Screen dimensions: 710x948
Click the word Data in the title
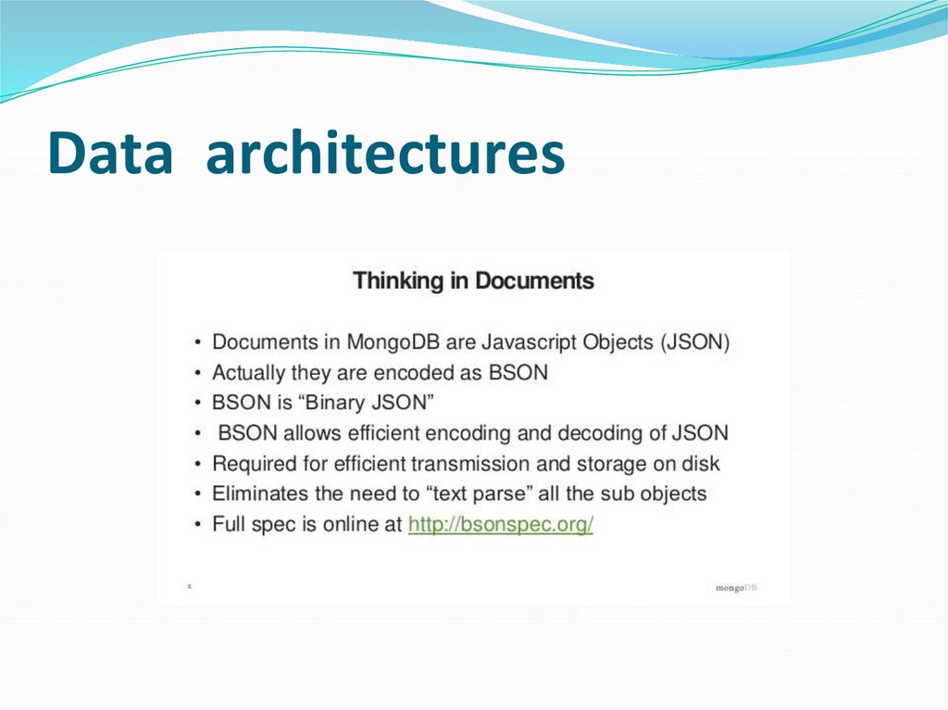click(x=110, y=154)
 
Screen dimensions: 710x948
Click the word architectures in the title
click(x=385, y=154)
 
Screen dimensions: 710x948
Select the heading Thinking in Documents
click(x=473, y=280)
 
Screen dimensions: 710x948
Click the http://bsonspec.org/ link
click(x=501, y=524)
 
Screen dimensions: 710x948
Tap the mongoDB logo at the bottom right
click(x=736, y=588)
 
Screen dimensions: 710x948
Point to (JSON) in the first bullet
click(x=695, y=342)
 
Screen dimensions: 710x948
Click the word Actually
click(x=248, y=372)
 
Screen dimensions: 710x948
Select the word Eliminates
click(x=258, y=493)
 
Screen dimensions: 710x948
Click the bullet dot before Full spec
click(x=197, y=525)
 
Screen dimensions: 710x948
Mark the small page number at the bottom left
click(x=190, y=587)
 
